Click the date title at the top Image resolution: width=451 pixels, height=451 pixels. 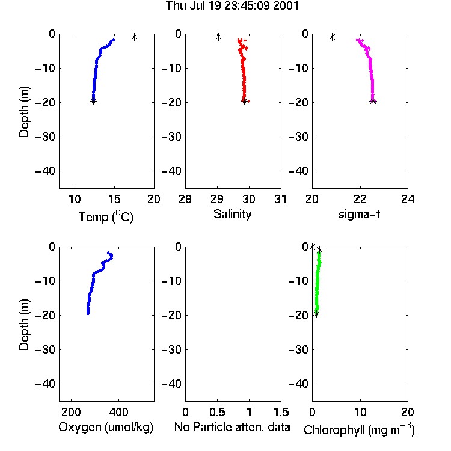(232, 6)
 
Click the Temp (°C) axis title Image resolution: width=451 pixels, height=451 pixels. (106, 217)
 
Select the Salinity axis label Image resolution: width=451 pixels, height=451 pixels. (232, 214)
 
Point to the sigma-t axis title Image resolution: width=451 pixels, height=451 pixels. (359, 214)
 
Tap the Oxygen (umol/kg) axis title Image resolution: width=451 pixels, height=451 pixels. (106, 427)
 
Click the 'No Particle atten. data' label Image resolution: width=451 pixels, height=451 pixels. (232, 427)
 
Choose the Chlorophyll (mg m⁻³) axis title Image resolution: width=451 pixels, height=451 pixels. (359, 429)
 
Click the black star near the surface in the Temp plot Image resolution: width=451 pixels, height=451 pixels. (134, 37)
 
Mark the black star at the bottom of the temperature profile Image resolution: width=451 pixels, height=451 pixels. (93, 101)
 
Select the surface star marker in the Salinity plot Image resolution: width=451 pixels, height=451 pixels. (219, 37)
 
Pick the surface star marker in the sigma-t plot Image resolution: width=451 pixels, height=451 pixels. (332, 37)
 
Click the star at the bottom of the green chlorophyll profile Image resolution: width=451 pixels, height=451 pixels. (316, 314)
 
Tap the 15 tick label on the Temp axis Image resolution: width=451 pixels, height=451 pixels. (114, 199)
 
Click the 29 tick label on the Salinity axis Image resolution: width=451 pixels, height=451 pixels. (217, 199)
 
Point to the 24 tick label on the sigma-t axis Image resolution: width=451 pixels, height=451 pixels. (408, 199)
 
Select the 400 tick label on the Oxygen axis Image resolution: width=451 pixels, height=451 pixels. (119, 412)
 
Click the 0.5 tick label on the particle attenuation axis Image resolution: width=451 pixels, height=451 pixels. (217, 412)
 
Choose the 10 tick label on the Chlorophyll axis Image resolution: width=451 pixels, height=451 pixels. (360, 412)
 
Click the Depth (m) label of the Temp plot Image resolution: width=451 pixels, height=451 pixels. (24, 112)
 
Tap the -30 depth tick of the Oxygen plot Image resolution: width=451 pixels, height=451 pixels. (45, 349)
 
